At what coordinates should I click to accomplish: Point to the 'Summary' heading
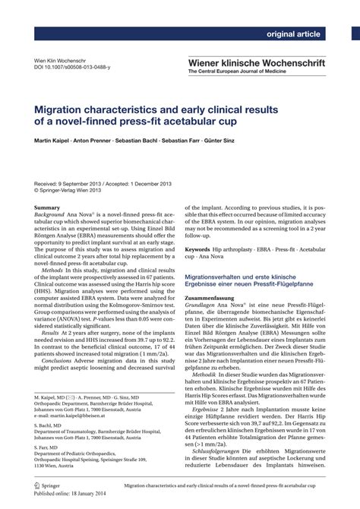(x=47, y=207)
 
